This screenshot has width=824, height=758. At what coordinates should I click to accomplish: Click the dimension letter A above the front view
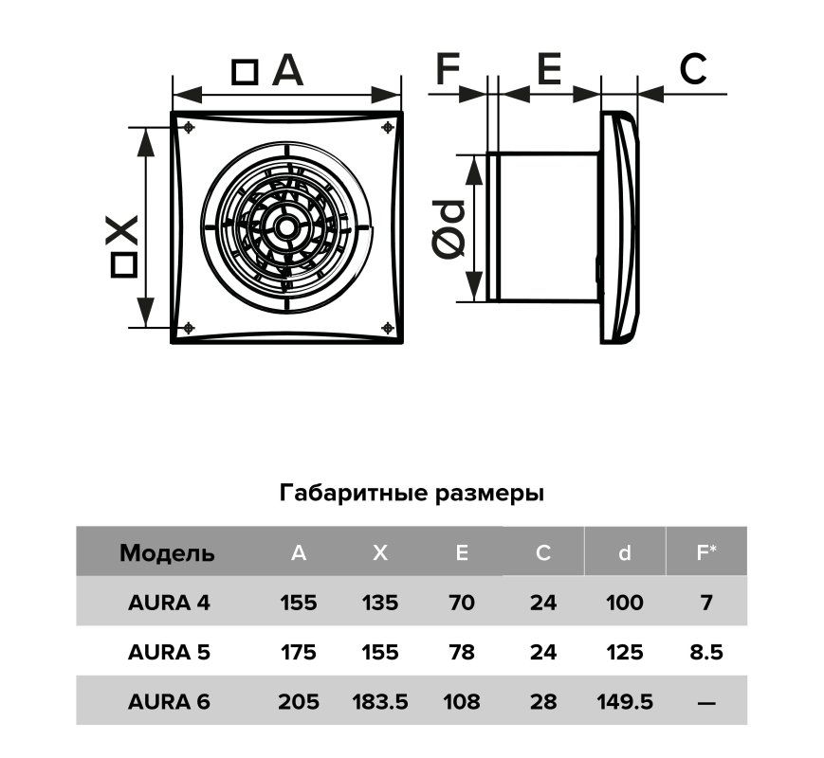point(287,70)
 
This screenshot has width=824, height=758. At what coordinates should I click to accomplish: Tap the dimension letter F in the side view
point(448,68)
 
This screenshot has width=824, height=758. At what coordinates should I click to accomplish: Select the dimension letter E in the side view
point(549,68)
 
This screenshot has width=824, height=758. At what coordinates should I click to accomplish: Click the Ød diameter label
point(449,229)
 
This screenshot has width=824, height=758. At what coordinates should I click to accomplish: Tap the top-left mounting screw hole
point(189,127)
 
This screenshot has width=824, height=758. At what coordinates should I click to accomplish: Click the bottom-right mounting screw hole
point(388,329)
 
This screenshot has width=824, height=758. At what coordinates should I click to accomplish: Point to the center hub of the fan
point(287,228)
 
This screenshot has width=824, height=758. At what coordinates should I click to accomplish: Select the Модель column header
point(167,553)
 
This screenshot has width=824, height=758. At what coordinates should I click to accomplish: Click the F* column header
point(705,552)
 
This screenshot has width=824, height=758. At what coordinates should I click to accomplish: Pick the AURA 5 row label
point(169,652)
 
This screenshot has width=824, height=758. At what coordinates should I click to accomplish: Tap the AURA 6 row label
point(169,701)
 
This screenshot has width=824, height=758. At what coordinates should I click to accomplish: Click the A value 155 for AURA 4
point(299,603)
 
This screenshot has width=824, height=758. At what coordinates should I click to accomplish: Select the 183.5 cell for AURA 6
point(380,701)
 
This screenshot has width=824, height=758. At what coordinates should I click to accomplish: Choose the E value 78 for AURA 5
point(462,652)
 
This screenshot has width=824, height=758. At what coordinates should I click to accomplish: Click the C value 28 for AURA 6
point(542,701)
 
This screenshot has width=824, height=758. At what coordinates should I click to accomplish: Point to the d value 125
point(624,652)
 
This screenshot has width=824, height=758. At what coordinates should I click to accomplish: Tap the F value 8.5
point(706,652)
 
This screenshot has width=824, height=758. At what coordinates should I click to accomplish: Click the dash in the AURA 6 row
point(706,702)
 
